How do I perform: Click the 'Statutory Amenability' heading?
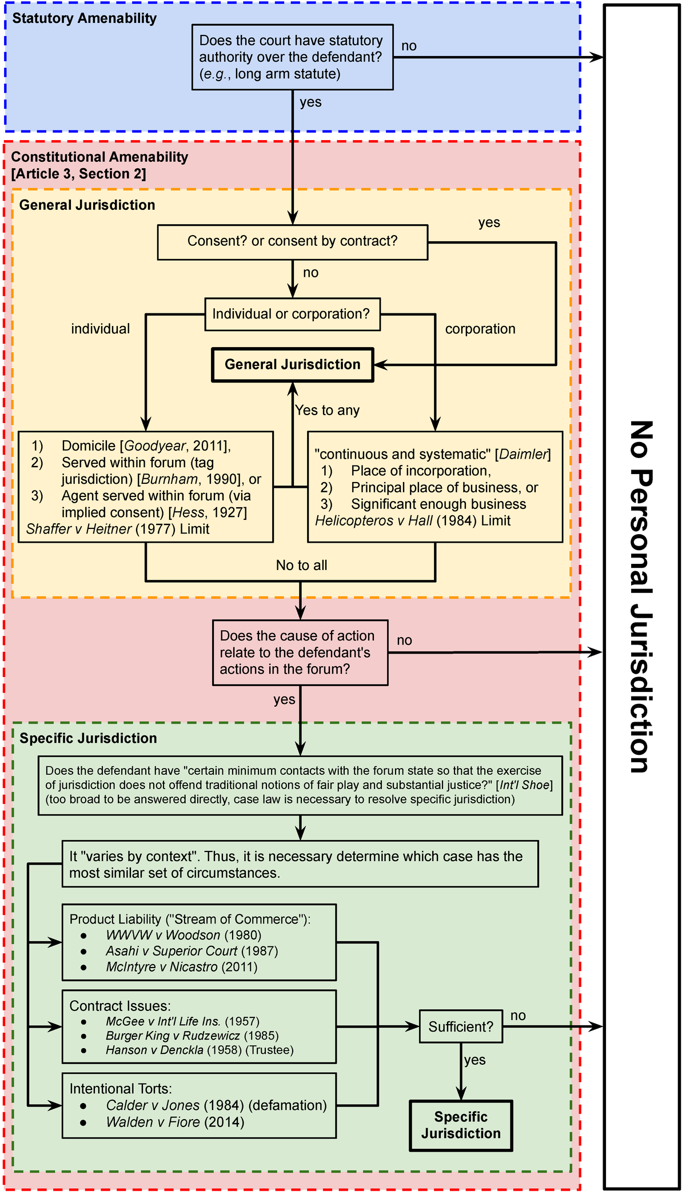click(x=84, y=18)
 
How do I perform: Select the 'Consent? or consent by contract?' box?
click(x=292, y=242)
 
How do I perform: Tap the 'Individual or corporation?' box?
click(x=292, y=314)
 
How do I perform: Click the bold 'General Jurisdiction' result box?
click(x=292, y=365)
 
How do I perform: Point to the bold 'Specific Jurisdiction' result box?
click(x=461, y=1125)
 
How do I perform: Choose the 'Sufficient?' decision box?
click(x=461, y=1026)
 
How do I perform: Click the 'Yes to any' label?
click(x=327, y=410)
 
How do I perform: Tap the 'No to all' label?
click(x=301, y=566)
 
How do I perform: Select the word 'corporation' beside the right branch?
click(x=480, y=329)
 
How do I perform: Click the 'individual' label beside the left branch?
click(x=101, y=329)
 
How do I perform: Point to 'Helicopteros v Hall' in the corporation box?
click(x=373, y=521)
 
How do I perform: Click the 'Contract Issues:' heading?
click(x=120, y=1006)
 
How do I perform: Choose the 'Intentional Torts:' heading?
click(x=121, y=1089)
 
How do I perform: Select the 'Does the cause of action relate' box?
click(x=300, y=652)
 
